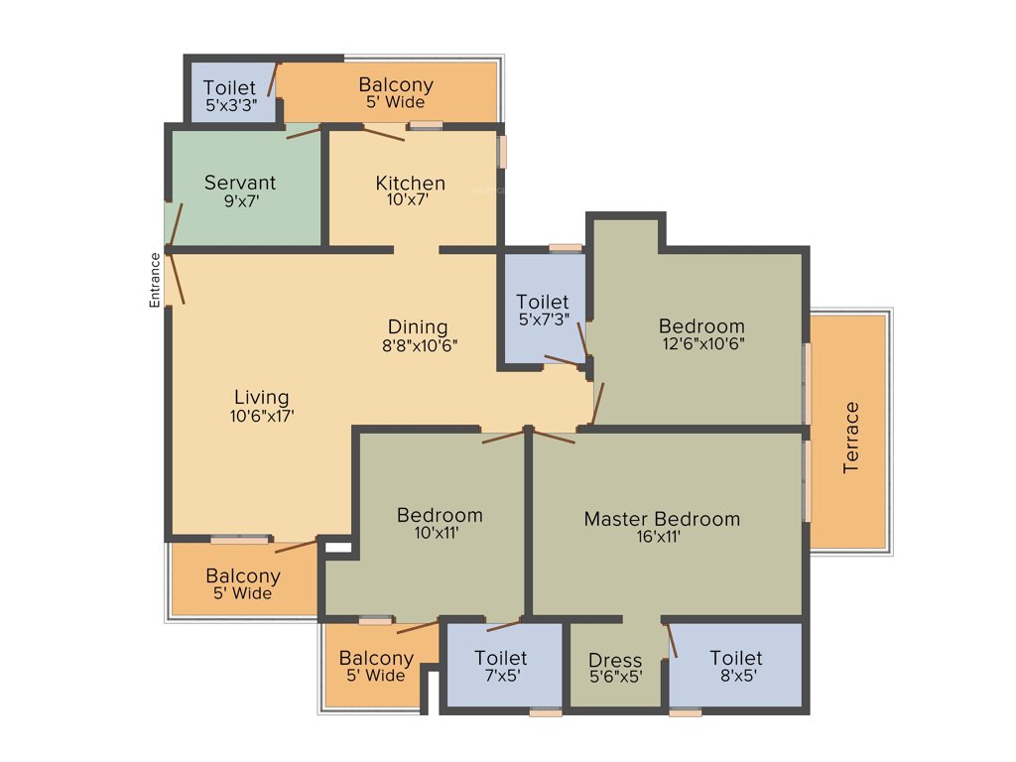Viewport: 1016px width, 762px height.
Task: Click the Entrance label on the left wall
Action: [155, 280]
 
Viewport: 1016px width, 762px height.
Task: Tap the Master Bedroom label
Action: [661, 519]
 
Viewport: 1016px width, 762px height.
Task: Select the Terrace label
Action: [851, 438]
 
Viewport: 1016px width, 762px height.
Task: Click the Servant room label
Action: [240, 183]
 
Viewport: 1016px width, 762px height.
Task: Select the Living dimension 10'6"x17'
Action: [261, 417]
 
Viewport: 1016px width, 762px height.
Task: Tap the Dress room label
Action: [615, 660]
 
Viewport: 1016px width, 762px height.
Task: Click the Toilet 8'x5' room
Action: [735, 666]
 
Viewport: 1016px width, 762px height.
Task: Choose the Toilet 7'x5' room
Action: [501, 666]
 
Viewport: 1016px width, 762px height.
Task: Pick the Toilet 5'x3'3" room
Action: [229, 95]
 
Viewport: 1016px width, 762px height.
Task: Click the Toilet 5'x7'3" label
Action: [543, 302]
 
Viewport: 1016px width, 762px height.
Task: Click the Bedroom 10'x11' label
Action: [440, 515]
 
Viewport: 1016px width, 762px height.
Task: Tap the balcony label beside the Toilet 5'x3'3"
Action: [396, 85]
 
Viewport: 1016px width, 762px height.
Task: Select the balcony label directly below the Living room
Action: [243, 576]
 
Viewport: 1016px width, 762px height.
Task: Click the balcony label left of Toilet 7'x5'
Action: [376, 658]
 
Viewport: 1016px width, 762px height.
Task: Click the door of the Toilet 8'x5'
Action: [671, 641]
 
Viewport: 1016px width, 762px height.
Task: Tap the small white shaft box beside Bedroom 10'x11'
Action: [338, 545]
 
